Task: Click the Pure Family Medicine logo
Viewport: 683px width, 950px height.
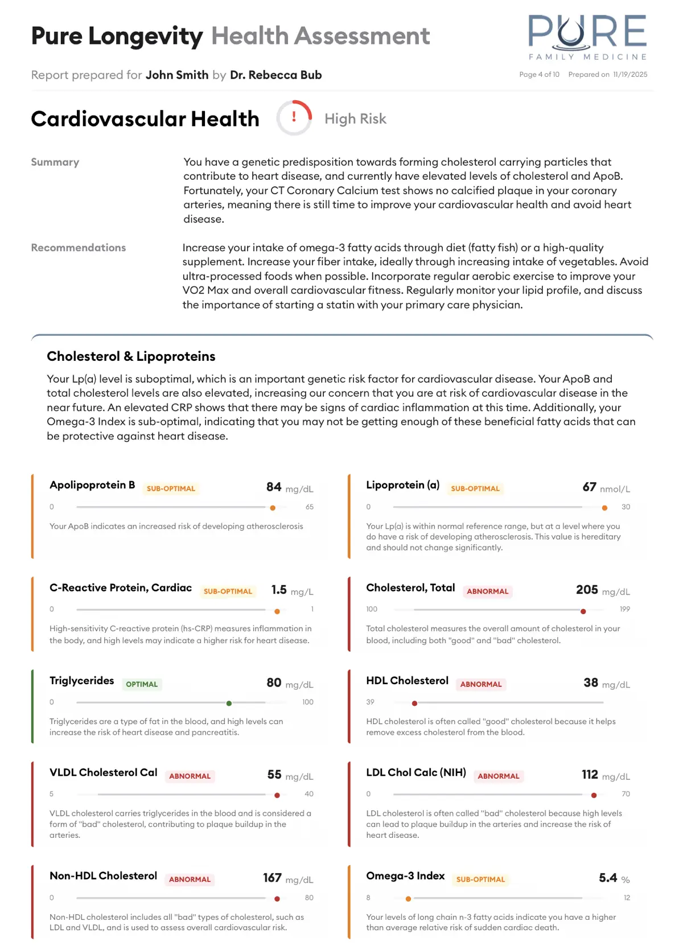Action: tap(587, 37)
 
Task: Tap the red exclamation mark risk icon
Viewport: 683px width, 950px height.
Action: tap(294, 117)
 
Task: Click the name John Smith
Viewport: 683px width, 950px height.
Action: tap(176, 75)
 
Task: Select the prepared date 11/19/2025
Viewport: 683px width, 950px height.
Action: tap(630, 75)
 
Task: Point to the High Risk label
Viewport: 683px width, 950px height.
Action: tap(355, 119)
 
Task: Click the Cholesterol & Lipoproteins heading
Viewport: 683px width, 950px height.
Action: tap(131, 356)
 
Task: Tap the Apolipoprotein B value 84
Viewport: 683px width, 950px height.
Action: tap(274, 487)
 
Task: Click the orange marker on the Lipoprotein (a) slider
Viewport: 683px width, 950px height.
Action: tap(604, 508)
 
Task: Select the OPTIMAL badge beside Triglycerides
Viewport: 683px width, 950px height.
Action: tap(142, 684)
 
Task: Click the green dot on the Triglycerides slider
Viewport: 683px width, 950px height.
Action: tap(229, 704)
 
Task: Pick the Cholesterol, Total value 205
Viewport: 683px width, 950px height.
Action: tap(587, 590)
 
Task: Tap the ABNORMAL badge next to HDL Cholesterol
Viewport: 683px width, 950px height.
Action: tap(481, 684)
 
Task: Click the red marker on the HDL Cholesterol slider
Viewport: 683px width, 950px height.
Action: tap(414, 704)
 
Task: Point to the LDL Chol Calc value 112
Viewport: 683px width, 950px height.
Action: tap(590, 775)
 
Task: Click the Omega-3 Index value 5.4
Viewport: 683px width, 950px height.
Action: tap(608, 878)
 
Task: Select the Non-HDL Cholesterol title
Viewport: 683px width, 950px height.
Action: tap(103, 876)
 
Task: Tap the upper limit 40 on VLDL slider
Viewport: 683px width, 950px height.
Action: tap(309, 794)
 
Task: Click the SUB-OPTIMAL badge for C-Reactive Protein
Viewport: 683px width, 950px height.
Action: tap(228, 591)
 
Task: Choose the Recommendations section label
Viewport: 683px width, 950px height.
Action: tap(79, 248)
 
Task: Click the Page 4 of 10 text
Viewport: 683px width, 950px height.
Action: tap(539, 75)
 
